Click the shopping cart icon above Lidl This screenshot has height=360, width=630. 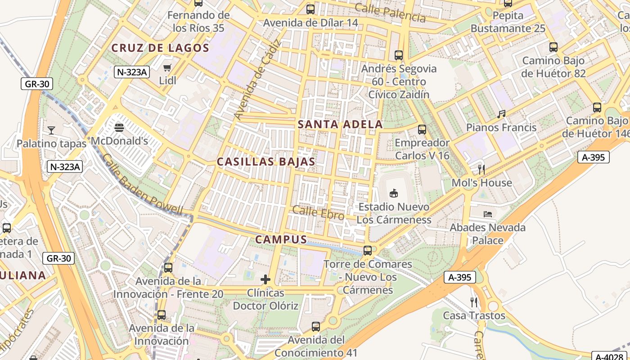(x=167, y=68)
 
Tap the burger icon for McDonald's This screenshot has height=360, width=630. (x=119, y=128)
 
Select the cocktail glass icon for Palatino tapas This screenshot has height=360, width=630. (x=51, y=130)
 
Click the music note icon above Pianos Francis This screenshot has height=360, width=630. (x=501, y=114)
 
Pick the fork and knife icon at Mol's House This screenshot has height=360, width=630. (x=481, y=170)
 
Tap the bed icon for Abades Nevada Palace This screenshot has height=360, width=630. (x=488, y=214)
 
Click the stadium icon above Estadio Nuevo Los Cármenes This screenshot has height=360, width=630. (x=394, y=193)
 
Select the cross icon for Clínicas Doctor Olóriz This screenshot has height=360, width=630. (x=265, y=279)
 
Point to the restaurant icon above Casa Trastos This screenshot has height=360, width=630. (x=474, y=302)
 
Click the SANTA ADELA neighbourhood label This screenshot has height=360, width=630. (x=340, y=125)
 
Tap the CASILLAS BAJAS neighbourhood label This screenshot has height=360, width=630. (x=266, y=162)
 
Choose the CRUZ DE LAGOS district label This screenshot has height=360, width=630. (x=160, y=48)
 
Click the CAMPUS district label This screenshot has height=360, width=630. (x=281, y=240)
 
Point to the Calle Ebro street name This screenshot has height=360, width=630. (x=318, y=213)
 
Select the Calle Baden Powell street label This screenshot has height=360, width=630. (x=142, y=184)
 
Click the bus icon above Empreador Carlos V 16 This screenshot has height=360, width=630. (x=422, y=130)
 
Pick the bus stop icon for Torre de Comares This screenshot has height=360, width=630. (x=368, y=251)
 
